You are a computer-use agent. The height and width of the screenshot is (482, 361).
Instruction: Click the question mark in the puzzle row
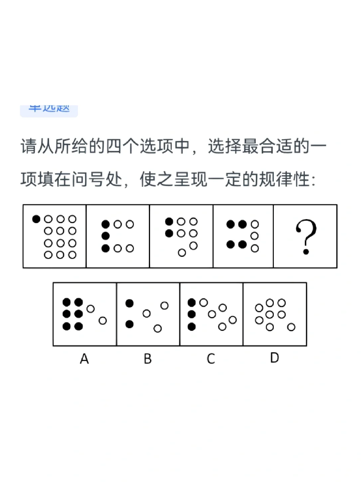click(x=306, y=236)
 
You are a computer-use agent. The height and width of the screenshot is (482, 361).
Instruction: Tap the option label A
click(x=84, y=359)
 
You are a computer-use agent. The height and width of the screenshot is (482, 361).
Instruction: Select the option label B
click(x=148, y=359)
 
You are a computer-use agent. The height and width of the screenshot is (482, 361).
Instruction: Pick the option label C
click(x=211, y=359)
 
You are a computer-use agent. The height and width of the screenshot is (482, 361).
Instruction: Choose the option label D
click(x=274, y=358)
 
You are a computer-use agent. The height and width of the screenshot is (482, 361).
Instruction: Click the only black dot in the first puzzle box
click(x=36, y=219)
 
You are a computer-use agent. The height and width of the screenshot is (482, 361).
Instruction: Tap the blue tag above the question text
click(x=49, y=110)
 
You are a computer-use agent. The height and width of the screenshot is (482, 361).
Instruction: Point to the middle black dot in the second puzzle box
click(x=106, y=236)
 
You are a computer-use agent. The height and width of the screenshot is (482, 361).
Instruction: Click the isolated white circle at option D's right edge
click(x=291, y=327)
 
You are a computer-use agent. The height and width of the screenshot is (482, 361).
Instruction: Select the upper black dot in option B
click(x=130, y=303)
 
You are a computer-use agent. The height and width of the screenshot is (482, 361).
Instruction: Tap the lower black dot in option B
click(x=130, y=324)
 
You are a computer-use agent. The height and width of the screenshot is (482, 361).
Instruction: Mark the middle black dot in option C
click(x=192, y=314)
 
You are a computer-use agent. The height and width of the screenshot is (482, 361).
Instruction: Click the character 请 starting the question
click(x=29, y=146)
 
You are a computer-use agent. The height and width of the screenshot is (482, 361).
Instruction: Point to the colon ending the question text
click(x=313, y=180)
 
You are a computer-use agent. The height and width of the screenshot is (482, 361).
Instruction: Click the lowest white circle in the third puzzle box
click(x=182, y=253)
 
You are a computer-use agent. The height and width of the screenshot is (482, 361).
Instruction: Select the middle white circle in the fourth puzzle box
click(x=254, y=236)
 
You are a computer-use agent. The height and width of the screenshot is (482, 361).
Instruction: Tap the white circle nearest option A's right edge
click(x=103, y=321)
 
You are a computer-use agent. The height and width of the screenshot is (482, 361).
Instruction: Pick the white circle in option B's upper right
click(x=164, y=306)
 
